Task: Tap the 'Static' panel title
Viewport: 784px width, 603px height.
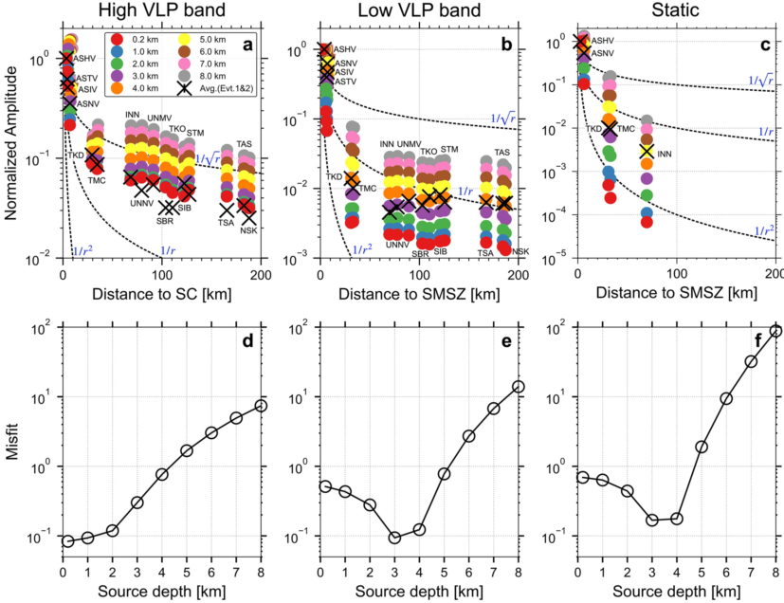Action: click(x=675, y=12)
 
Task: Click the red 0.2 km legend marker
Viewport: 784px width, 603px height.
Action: click(x=117, y=40)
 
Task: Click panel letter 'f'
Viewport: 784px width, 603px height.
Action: click(x=761, y=339)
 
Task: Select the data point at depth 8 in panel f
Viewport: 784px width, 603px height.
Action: click(x=775, y=331)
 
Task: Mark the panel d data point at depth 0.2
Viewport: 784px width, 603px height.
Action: click(x=67, y=541)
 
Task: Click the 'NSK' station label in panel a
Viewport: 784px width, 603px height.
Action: click(x=249, y=229)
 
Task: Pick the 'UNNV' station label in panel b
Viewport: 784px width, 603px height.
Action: click(x=397, y=245)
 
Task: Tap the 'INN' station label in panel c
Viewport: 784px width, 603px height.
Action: click(x=665, y=153)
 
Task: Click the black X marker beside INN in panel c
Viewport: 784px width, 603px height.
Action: click(x=647, y=151)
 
